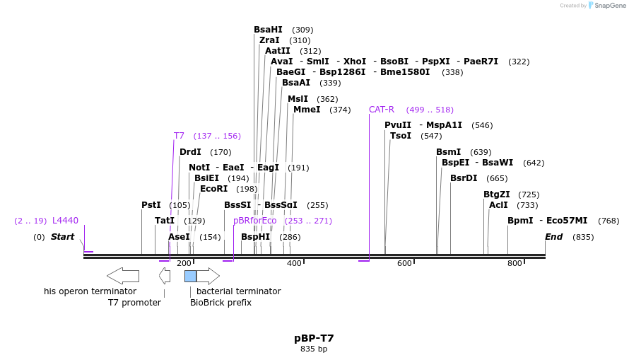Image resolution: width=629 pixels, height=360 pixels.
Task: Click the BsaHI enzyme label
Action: (268, 30)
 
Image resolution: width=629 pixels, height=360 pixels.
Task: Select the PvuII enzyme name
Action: (398, 125)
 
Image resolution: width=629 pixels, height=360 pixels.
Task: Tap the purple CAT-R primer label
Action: (382, 110)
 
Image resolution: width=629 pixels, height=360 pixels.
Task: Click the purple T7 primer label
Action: (179, 136)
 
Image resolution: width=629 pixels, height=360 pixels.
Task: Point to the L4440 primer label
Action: (65, 221)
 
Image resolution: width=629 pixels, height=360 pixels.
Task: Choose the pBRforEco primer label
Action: (255, 221)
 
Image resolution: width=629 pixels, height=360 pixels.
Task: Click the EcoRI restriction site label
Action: (213, 189)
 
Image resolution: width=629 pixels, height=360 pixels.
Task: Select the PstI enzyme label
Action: (151, 205)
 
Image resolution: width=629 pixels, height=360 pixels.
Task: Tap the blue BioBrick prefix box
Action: (190, 276)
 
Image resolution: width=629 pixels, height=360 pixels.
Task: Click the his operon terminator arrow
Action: (123, 276)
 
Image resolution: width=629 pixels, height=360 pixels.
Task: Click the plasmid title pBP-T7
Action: (314, 338)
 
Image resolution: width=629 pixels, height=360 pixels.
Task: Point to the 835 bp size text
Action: (314, 349)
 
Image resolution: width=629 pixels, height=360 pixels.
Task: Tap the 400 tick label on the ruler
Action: (294, 263)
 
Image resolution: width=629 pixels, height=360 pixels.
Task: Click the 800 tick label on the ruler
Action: (515, 263)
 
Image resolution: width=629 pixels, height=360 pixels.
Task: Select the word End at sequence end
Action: (553, 237)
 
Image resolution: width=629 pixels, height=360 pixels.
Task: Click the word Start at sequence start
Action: (62, 237)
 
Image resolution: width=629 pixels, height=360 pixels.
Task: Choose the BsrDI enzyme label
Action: (464, 178)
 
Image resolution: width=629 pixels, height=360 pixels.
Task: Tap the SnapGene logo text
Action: (610, 6)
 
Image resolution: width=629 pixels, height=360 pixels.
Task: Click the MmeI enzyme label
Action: (307, 110)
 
